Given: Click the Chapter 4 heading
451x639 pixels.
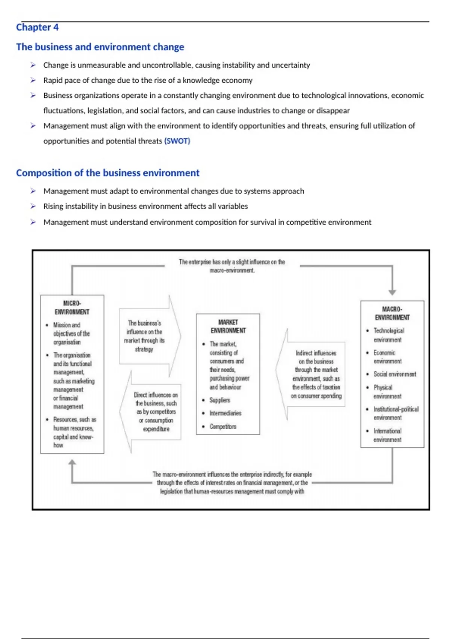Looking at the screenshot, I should (x=37, y=27).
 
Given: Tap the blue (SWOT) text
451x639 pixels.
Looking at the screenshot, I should (x=177, y=141).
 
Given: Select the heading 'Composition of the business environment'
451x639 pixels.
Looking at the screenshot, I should (x=107, y=173).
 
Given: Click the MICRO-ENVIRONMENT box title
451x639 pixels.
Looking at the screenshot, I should (x=72, y=307).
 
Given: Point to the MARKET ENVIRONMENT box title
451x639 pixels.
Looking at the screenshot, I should (x=228, y=326).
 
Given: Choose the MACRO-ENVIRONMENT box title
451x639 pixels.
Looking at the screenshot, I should (x=392, y=313).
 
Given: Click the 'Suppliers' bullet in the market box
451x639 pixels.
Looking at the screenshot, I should (x=219, y=400).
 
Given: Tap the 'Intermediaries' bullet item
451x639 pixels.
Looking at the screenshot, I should (x=225, y=413).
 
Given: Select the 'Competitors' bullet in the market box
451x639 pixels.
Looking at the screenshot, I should (x=223, y=427).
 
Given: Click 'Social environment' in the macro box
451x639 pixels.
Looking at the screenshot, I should (x=395, y=374).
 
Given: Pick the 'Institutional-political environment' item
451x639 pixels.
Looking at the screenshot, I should (x=396, y=413).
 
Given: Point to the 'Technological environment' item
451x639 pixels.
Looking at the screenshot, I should (x=389, y=335).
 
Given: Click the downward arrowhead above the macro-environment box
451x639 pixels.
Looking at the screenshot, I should (x=392, y=292).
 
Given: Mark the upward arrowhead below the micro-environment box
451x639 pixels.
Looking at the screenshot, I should (x=72, y=462).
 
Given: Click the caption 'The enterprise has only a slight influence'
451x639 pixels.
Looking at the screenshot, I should (x=232, y=266).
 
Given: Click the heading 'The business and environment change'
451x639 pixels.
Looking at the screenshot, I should (x=100, y=47).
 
